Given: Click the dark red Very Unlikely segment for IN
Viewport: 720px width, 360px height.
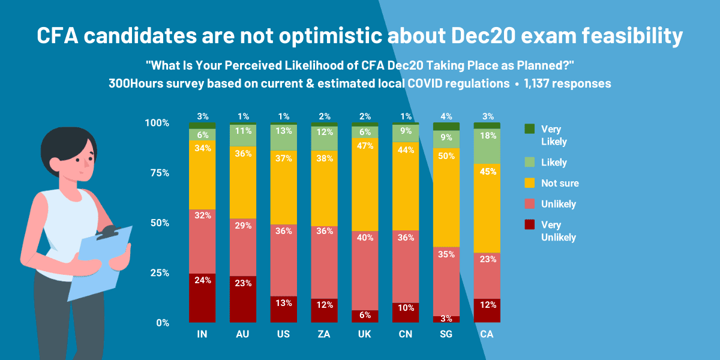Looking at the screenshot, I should coord(202,298).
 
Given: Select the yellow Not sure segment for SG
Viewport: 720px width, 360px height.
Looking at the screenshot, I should coord(446,197).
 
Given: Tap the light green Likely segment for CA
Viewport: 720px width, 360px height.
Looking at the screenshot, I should coord(487,146).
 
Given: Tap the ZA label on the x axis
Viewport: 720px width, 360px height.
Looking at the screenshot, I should coord(324,334).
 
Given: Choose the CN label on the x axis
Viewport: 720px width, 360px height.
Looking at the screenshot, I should coord(406,334).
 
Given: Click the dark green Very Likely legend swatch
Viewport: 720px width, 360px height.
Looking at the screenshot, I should coord(529,129).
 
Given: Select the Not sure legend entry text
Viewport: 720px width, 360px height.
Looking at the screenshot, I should coord(560,183).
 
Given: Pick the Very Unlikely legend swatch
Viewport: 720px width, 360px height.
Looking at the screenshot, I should coord(529,225).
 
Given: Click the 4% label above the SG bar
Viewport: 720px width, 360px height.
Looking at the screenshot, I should coord(446,116).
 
